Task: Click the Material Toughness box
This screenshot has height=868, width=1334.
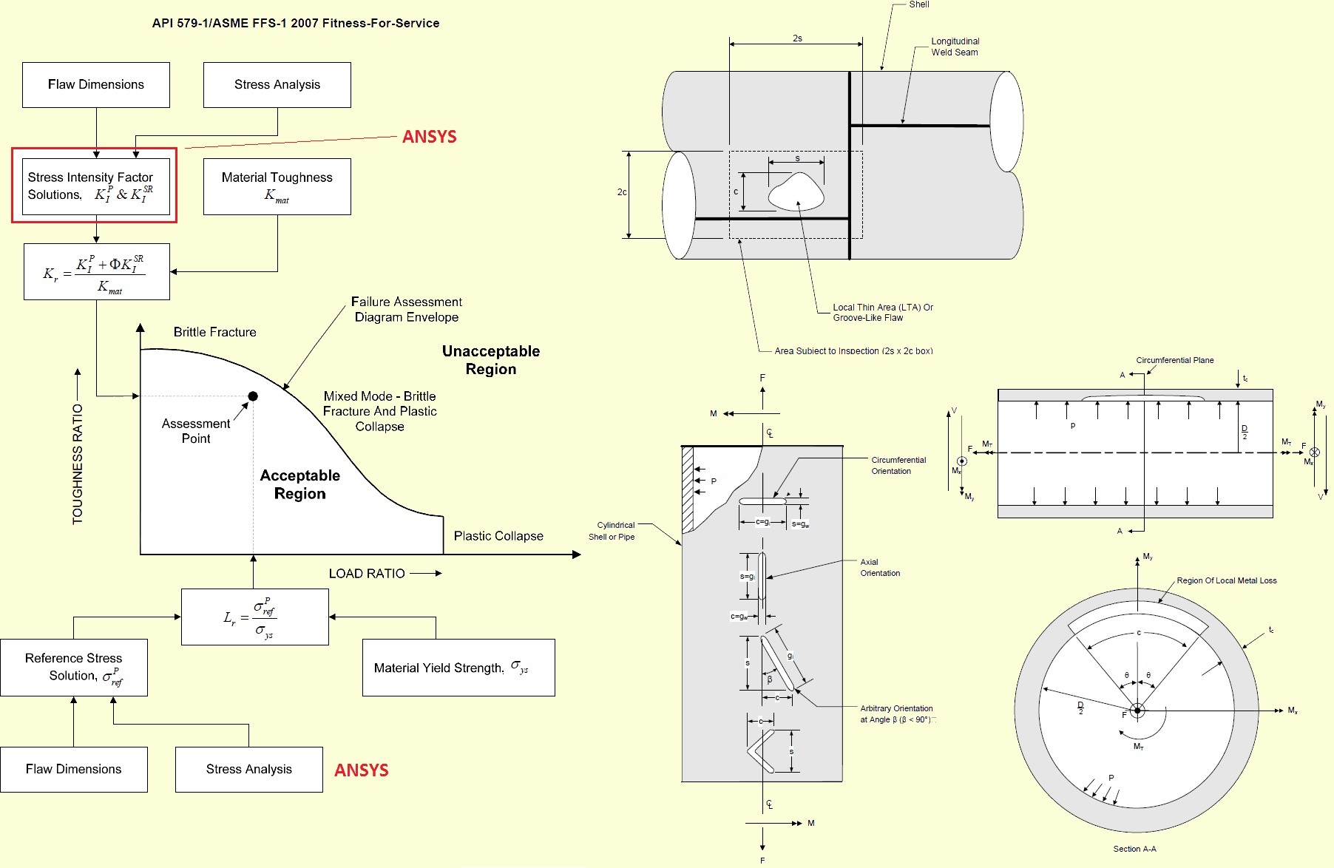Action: point(277,186)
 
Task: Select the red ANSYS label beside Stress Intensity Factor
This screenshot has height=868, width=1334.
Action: point(429,137)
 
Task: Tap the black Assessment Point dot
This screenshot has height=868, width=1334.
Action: point(253,396)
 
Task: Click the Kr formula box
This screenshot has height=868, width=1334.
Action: point(97,272)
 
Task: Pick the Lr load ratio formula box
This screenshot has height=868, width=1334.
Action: point(254,617)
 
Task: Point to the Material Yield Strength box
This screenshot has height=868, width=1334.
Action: point(458,668)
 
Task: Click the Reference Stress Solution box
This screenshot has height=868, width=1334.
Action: point(74,668)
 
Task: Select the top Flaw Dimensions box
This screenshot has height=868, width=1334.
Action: point(96,85)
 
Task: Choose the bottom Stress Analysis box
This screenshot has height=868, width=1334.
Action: point(248,770)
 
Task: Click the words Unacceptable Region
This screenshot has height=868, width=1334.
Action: point(491,360)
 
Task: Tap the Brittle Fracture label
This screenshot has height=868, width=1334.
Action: point(214,332)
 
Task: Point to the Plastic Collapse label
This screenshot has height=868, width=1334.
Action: point(498,536)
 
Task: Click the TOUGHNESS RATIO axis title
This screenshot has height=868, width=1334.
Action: point(78,464)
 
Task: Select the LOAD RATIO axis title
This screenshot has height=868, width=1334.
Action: point(367,574)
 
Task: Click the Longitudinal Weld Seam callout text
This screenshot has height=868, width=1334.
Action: point(955,47)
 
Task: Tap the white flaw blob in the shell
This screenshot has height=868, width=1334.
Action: point(796,191)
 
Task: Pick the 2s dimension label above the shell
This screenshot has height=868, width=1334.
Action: point(797,38)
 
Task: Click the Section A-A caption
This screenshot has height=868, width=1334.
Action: point(1134,849)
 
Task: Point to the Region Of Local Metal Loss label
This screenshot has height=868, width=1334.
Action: point(1226,580)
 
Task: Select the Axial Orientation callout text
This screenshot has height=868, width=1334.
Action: point(880,568)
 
